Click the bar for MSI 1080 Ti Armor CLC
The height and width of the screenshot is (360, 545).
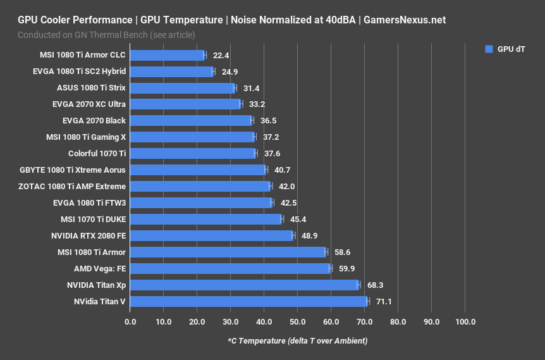(167, 55)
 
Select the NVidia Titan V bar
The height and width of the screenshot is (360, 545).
(248, 302)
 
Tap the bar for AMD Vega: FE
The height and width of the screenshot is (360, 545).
(230, 269)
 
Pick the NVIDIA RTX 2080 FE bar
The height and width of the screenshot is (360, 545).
(211, 236)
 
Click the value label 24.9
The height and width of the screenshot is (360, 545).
(229, 71)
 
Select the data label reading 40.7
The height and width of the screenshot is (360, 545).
(282, 170)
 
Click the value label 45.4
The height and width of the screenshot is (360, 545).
(298, 220)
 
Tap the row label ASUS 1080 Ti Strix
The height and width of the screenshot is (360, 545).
(91, 88)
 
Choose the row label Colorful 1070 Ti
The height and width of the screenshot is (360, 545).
(97, 154)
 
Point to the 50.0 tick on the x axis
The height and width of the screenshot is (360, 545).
(297, 322)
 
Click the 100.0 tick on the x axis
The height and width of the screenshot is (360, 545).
(465, 322)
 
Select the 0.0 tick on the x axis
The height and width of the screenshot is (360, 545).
(130, 322)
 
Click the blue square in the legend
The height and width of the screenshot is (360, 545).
(488, 49)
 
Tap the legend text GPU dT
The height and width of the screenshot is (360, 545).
(511, 49)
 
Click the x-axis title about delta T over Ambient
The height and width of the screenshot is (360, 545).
(297, 341)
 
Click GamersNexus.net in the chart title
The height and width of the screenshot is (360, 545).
(405, 20)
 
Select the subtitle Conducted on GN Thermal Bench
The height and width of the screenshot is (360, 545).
(106, 35)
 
